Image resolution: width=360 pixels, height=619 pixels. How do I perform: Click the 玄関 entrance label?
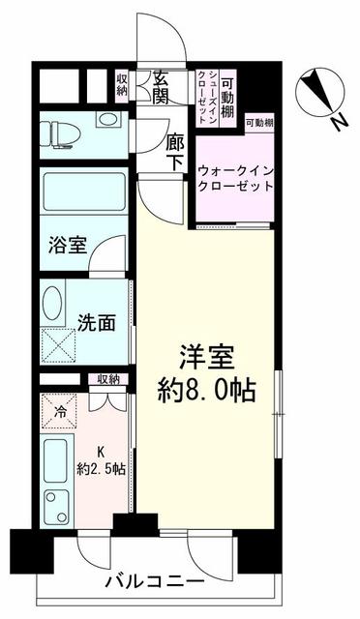[162, 89]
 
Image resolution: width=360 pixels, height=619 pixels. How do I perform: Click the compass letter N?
[336, 123]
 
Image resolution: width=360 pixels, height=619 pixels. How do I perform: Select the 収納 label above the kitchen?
[107, 379]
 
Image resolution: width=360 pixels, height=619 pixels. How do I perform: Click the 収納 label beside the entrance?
[122, 85]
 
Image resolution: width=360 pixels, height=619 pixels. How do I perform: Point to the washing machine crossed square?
[58, 343]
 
